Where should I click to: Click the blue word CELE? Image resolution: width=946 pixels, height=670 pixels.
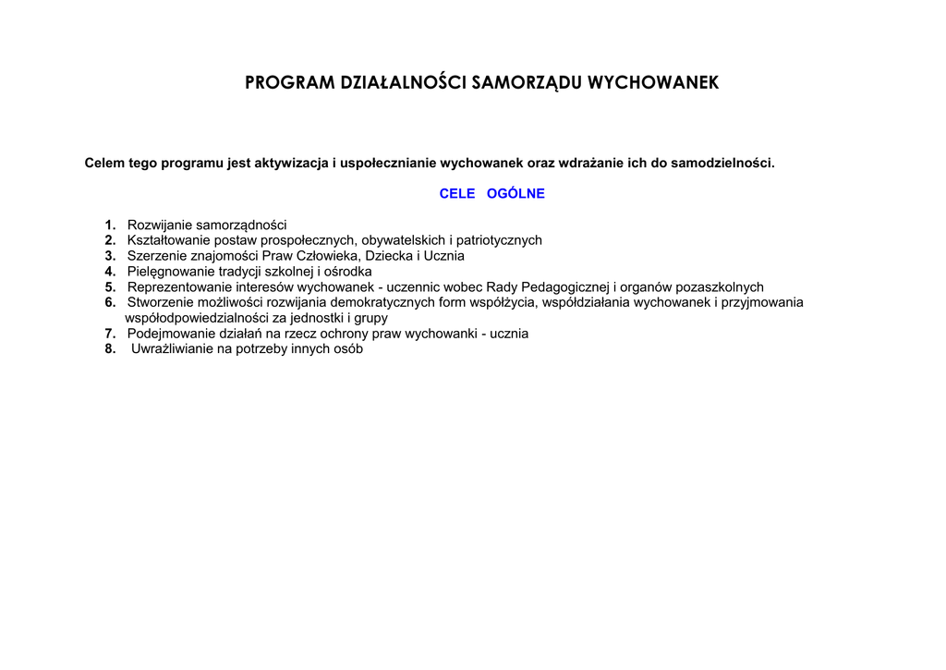[x=457, y=194]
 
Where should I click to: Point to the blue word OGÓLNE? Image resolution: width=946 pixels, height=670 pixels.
[x=515, y=194]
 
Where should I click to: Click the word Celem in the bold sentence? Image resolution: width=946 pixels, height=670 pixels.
[x=104, y=164]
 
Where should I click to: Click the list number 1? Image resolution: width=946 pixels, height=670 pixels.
[x=110, y=225]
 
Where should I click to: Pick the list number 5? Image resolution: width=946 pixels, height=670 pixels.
[x=110, y=287]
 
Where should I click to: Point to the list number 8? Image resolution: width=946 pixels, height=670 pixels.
[x=110, y=349]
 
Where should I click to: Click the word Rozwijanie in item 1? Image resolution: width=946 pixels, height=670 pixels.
[x=159, y=225]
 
